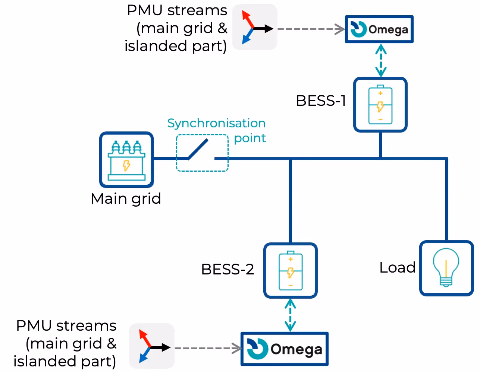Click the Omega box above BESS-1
379,29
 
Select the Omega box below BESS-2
285,349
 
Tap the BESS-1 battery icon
380,105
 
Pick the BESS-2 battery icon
291,271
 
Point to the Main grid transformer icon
126,160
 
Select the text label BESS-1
321,101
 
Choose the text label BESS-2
228,269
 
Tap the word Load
397,267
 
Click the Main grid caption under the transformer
126,198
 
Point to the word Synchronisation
216,123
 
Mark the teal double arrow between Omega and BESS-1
380,60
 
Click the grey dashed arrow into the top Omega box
311,29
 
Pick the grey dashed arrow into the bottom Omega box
208,348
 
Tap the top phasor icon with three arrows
255,27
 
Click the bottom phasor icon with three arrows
152,346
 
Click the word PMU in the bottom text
34,325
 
